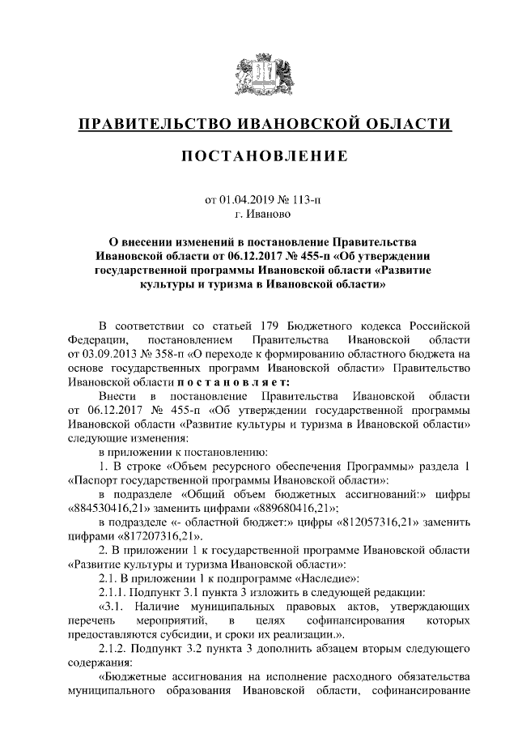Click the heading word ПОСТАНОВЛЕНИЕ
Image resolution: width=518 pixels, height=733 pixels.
click(x=259, y=154)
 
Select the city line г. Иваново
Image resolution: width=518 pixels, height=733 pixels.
click(x=259, y=216)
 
